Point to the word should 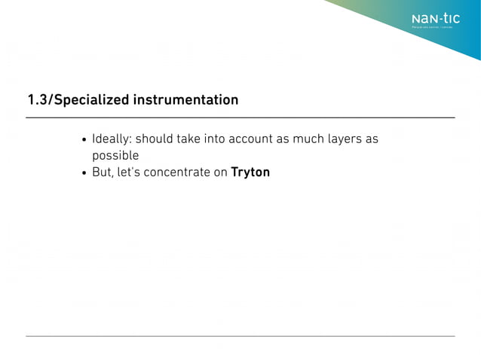pos(155,139)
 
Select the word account pos(253,139)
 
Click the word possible pos(115,156)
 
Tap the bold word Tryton pos(250,172)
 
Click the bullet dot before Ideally pos(84,140)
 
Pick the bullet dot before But pos(84,173)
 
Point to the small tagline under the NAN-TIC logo pos(432,29)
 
